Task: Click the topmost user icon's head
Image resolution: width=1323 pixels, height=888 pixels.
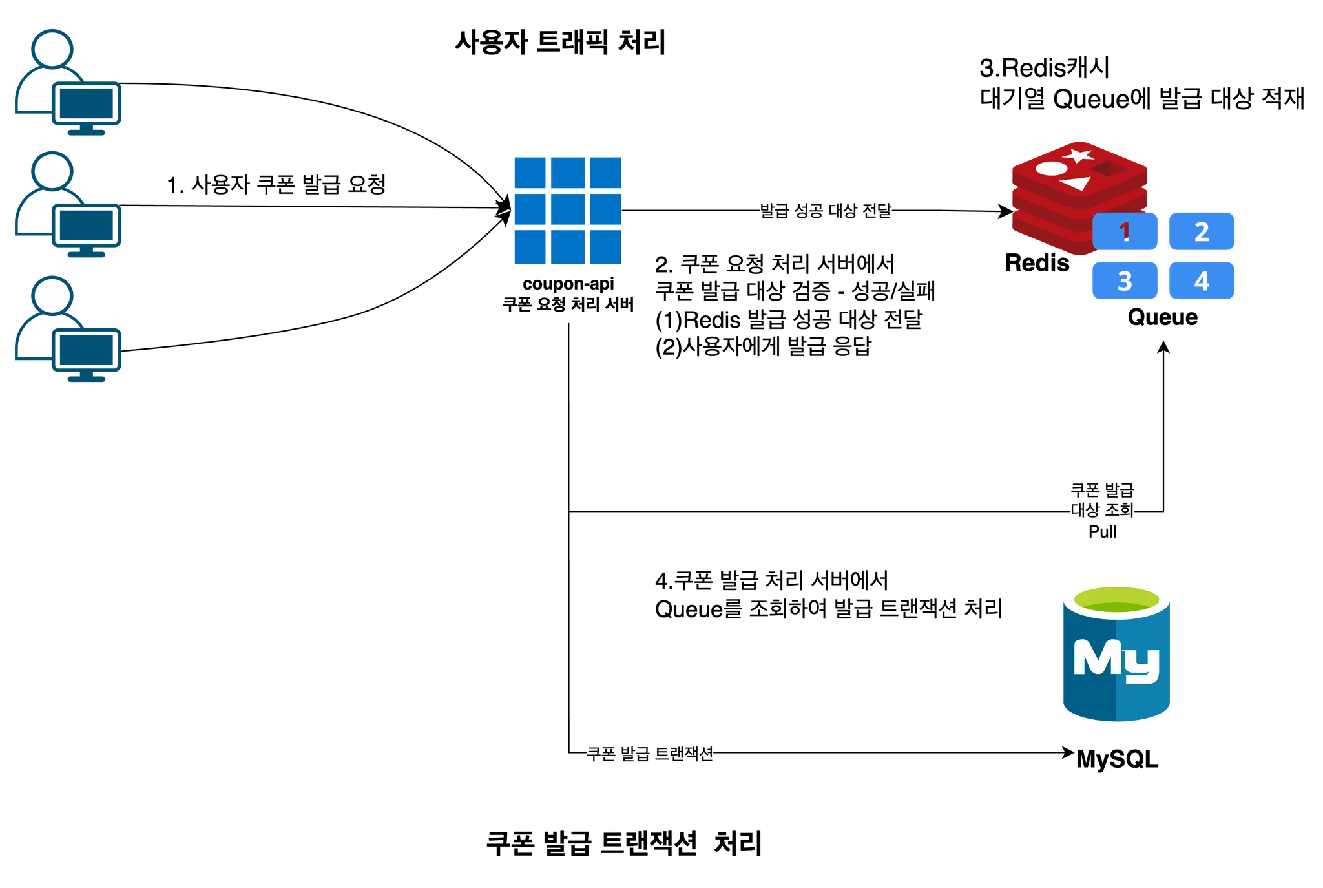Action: click(52, 47)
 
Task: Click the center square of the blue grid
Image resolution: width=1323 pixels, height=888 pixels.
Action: click(568, 211)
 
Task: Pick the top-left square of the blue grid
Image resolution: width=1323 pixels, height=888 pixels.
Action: click(529, 172)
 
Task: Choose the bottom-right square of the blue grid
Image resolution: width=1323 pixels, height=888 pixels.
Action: click(607, 248)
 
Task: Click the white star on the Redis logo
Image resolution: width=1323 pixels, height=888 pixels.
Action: click(1078, 156)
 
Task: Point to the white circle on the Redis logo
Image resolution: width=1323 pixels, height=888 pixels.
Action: click(1051, 169)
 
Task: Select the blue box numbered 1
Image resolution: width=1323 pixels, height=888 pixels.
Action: click(1125, 231)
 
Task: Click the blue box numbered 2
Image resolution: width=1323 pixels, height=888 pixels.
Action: click(1202, 231)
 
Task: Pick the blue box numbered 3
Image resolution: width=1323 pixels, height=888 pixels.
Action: click(1125, 281)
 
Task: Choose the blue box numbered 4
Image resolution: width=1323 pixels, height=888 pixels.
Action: click(1202, 281)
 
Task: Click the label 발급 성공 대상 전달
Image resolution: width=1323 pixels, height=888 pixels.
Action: click(824, 211)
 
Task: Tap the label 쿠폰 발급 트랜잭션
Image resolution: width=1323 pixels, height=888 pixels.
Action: click(651, 754)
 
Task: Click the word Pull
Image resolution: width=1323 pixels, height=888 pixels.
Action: click(1102, 532)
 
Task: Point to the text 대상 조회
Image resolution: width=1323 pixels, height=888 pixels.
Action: click(1102, 511)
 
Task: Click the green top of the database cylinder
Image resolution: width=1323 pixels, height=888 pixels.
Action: click(1116, 601)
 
